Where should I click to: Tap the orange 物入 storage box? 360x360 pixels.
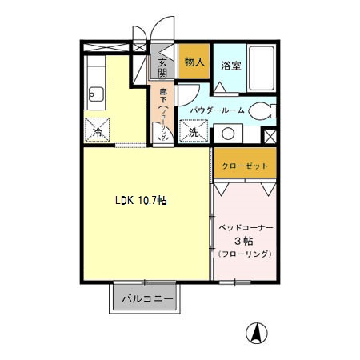193,62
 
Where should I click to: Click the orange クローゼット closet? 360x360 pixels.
244,166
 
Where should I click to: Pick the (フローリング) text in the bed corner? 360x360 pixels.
245,254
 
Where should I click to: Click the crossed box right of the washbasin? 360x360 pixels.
270,134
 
